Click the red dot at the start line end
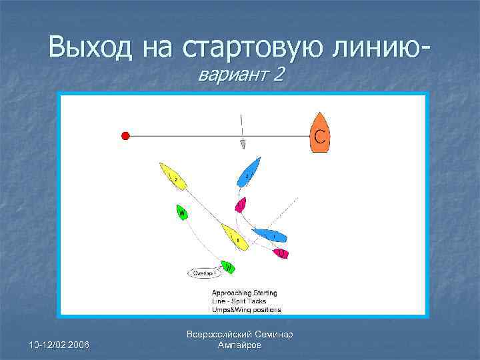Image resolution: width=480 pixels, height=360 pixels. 125,136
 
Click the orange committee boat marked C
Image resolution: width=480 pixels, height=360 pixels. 320,133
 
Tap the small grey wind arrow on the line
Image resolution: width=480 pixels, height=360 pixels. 243,144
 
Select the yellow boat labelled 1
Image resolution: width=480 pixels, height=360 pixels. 235,237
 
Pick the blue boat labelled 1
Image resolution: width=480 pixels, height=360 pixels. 270,235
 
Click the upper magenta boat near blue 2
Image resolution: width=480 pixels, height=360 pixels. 240,205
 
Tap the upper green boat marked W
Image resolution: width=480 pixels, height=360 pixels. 182,213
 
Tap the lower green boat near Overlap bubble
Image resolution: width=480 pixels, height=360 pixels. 228,267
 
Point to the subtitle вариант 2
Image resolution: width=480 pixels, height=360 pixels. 241,75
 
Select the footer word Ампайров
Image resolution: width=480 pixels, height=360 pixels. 240,345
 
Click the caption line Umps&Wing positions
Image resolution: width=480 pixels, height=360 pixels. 246,309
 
